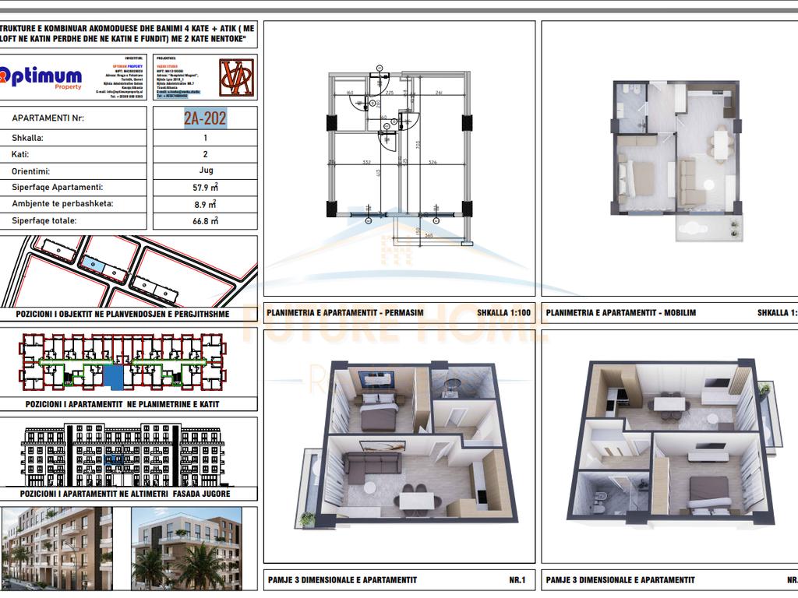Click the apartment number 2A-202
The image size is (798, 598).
coord(206,118)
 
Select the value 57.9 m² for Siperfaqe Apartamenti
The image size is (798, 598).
coord(206,188)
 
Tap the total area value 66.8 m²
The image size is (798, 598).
coord(206,221)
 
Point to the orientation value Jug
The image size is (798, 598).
coord(206,171)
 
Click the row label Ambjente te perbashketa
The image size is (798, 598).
coord(62,204)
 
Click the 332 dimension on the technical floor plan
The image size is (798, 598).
coord(365,163)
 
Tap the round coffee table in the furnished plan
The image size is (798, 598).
coord(709,185)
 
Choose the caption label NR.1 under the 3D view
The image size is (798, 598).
coord(517,580)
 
